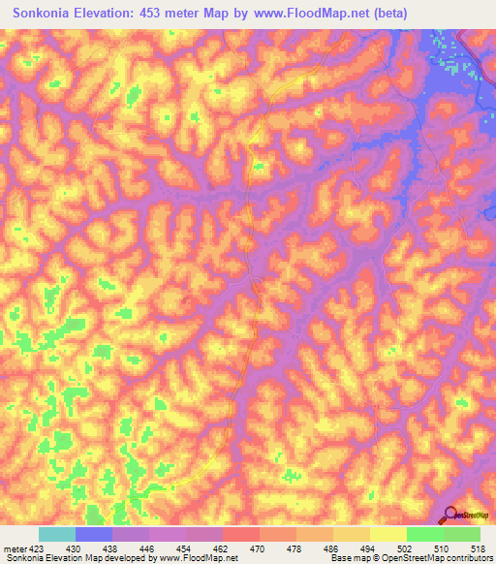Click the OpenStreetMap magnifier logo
[449, 516]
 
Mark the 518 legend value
[476, 548]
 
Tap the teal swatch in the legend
[57, 534]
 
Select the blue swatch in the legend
[94, 534]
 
